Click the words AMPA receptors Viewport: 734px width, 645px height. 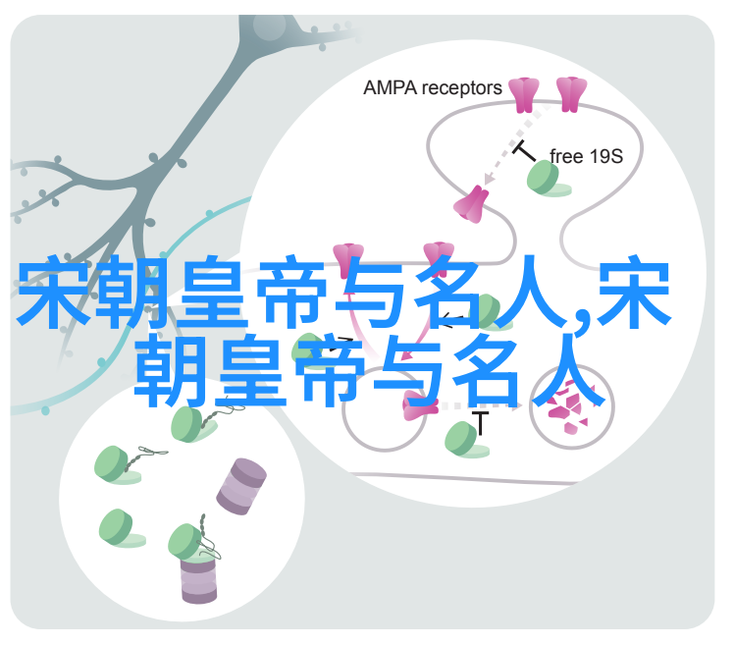(x=432, y=88)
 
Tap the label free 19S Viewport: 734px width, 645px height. (x=586, y=156)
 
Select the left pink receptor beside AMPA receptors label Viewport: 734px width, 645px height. (x=524, y=95)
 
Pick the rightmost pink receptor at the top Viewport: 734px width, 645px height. (x=571, y=94)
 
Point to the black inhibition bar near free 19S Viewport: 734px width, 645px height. (x=524, y=150)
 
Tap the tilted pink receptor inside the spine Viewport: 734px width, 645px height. (x=470, y=204)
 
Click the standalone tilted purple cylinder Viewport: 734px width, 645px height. (x=241, y=487)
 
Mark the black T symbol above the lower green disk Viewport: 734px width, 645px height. (x=480, y=422)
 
